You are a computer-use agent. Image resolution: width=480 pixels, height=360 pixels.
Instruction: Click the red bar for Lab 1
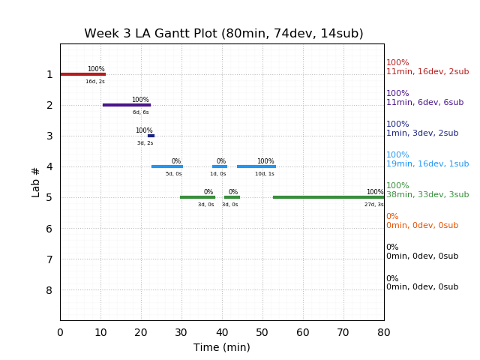(82, 74)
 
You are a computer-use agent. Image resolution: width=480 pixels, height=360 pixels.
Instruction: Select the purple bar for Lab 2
(127, 105)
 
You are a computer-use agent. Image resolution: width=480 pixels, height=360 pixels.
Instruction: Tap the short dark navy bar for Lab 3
(151, 136)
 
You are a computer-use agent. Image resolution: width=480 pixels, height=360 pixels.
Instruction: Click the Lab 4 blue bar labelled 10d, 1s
(256, 166)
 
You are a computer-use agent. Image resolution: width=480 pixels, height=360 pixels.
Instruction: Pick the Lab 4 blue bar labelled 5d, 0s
(166, 166)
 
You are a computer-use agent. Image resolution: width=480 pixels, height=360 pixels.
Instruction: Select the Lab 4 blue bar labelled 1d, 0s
(219, 166)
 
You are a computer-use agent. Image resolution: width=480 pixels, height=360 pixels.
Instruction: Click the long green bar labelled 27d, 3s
(328, 197)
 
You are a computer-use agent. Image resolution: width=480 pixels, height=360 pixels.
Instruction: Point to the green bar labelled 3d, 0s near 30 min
(197, 197)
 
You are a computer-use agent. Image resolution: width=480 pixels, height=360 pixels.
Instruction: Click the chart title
(223, 34)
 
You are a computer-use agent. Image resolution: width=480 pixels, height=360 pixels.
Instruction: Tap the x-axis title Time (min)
(222, 347)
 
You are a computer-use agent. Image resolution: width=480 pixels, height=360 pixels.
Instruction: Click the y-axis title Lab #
(36, 181)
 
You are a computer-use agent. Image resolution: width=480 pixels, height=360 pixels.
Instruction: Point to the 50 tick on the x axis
(262, 332)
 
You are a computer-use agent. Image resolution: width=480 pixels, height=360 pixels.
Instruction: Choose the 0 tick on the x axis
(60, 332)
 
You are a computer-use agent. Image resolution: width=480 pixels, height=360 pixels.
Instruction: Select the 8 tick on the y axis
(49, 290)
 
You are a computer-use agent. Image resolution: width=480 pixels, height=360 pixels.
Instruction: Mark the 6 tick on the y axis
(49, 229)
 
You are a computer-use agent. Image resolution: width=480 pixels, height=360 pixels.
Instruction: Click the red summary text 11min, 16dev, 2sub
(427, 72)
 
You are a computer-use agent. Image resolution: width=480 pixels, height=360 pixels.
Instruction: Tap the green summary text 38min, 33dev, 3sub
(427, 195)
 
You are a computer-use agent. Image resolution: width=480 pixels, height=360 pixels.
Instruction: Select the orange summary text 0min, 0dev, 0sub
(422, 226)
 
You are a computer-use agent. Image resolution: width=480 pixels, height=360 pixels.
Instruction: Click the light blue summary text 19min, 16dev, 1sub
(427, 164)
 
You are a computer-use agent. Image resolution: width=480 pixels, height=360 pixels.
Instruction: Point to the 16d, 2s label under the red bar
(95, 82)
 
